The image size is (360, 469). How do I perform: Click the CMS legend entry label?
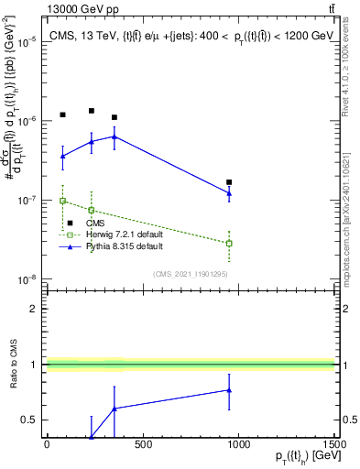click(x=95, y=223)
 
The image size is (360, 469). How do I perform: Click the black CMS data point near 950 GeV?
click(x=229, y=182)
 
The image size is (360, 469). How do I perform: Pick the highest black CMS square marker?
click(x=92, y=111)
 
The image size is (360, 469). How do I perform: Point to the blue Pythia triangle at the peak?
click(x=114, y=136)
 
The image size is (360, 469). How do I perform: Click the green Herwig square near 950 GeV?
click(x=229, y=243)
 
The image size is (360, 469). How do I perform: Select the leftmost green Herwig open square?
click(x=62, y=200)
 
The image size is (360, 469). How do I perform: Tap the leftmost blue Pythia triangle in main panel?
click(x=62, y=156)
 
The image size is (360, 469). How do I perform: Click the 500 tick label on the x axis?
click(x=142, y=444)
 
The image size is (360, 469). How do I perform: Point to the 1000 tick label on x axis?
click(x=238, y=444)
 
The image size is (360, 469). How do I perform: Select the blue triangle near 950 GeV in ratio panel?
click(x=229, y=390)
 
